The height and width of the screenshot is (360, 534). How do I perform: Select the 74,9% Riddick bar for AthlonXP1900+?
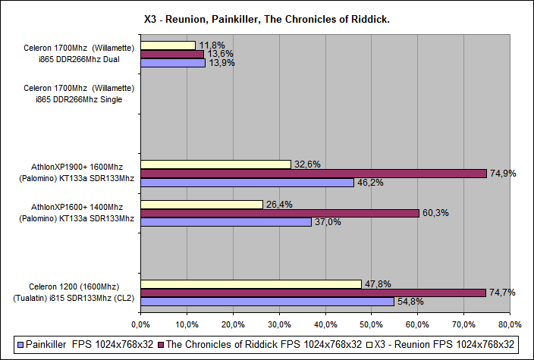(x=313, y=173)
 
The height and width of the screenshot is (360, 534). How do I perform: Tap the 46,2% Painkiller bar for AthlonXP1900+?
(x=247, y=183)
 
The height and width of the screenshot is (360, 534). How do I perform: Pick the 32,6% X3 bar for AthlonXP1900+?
(x=215, y=164)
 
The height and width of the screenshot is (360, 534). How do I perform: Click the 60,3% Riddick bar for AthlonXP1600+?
(x=279, y=213)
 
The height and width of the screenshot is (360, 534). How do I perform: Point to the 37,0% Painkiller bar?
(x=225, y=222)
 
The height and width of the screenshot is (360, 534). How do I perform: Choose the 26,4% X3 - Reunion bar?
(x=201, y=204)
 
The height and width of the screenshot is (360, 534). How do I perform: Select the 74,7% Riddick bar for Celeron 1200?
(x=313, y=293)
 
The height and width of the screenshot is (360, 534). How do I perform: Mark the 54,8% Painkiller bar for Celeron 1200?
(x=266, y=302)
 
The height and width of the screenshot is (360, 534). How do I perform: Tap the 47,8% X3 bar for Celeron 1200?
(x=250, y=283)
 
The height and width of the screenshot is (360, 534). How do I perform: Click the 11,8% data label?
(x=209, y=45)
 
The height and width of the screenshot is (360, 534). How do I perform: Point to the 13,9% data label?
(x=221, y=64)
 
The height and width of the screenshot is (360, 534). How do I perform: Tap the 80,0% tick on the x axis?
(x=510, y=325)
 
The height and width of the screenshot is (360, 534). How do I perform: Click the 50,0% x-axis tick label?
(x=372, y=325)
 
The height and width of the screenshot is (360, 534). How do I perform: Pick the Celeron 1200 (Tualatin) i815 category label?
(x=73, y=293)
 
